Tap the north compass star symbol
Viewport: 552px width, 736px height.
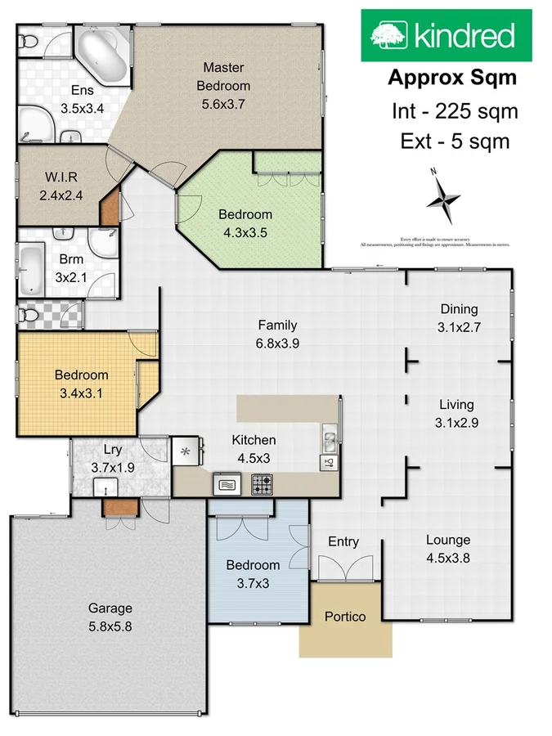(x=443, y=199)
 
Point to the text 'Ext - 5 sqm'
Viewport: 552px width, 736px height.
(x=455, y=141)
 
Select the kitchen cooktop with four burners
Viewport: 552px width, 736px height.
(x=261, y=484)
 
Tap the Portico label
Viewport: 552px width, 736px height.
(x=345, y=616)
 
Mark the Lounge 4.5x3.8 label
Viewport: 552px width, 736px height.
(x=447, y=549)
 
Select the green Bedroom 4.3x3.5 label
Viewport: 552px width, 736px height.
(x=245, y=222)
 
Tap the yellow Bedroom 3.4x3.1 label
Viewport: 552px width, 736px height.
(x=81, y=383)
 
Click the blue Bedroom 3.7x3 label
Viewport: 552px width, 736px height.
(x=253, y=572)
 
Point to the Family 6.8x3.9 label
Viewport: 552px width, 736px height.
(x=277, y=334)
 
